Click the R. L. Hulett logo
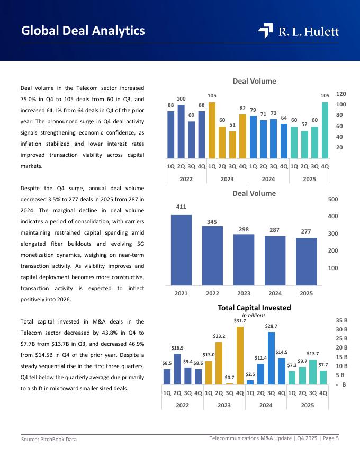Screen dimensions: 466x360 (299, 31)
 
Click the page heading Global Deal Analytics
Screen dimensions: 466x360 (83, 31)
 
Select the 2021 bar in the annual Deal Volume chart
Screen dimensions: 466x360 (181, 249)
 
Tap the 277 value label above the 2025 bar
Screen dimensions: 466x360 (306, 232)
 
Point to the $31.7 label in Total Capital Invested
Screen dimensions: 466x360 (240, 321)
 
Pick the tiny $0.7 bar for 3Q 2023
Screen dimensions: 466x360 (229, 383)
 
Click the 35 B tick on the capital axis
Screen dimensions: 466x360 (341, 320)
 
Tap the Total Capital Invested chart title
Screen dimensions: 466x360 (254, 307)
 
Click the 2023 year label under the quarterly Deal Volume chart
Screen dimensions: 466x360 (227, 179)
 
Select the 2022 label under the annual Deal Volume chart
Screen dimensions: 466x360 (212, 293)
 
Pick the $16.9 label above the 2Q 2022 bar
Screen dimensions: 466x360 (177, 348)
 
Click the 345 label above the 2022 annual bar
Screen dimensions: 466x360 (212, 221)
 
